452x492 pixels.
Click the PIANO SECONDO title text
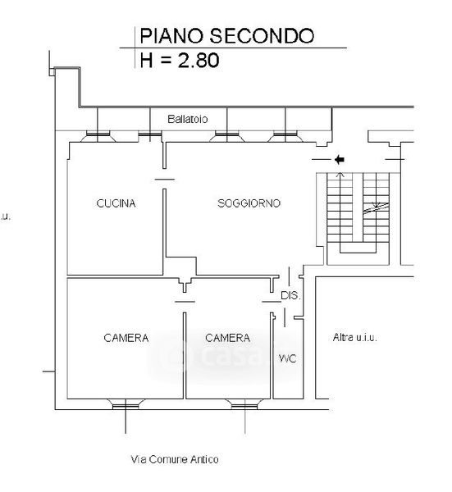point(226,36)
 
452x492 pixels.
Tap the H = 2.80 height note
point(180,60)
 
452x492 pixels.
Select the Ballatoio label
point(187,119)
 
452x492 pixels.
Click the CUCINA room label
point(116,203)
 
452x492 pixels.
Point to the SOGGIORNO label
point(249,203)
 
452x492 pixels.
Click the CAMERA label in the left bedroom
point(126,338)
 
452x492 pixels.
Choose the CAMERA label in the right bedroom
point(227,338)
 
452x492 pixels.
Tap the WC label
point(287,358)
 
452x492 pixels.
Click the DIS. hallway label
point(290,295)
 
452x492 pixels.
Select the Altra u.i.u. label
point(354,338)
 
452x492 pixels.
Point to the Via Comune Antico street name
point(175,459)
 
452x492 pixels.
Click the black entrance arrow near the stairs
point(340,160)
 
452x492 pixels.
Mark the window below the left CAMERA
point(126,404)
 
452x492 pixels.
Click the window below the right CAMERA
point(244,404)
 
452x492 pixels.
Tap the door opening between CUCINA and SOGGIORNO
point(165,180)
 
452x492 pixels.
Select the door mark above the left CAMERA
point(185,302)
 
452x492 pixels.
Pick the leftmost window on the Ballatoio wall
point(98,136)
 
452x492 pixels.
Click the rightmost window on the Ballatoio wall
point(285,136)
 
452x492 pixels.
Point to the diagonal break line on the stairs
point(376,208)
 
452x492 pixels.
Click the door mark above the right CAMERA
point(272,302)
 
